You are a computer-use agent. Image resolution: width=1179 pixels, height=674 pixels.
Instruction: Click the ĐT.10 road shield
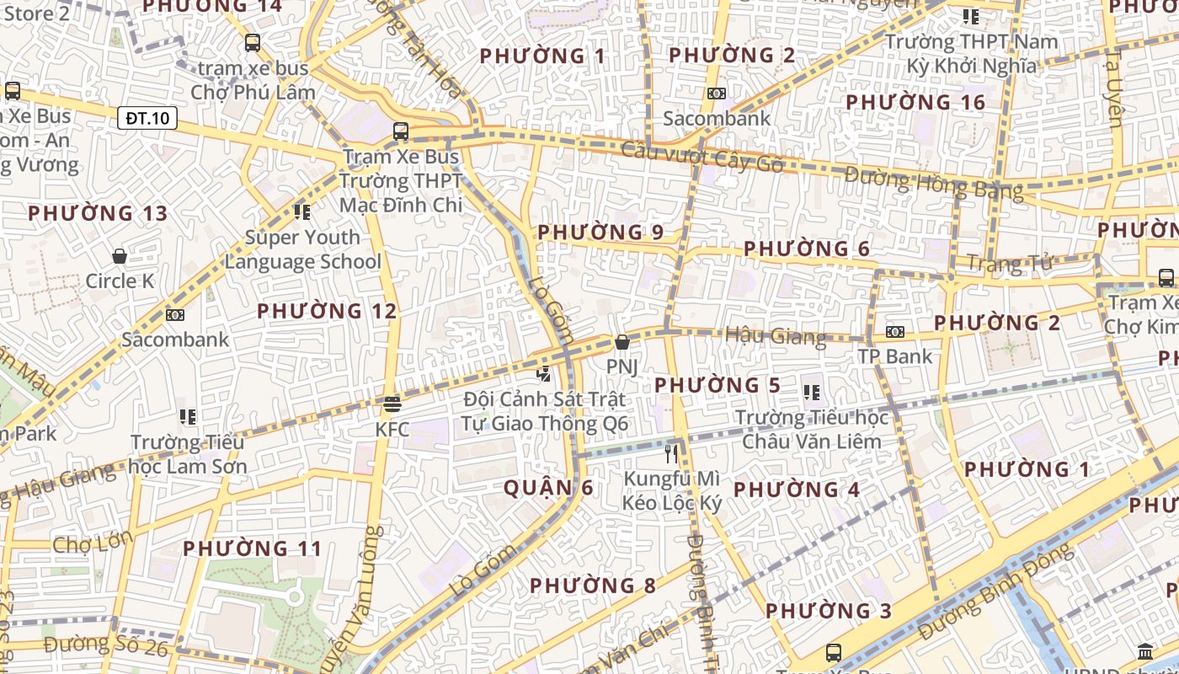[147, 118]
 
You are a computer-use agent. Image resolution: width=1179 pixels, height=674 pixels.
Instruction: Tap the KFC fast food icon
[392, 404]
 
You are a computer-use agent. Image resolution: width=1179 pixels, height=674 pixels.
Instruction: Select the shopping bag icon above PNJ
[622, 342]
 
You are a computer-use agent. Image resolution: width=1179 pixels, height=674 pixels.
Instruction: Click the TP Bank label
[895, 356]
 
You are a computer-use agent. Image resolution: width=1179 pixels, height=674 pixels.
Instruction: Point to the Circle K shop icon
[120, 255]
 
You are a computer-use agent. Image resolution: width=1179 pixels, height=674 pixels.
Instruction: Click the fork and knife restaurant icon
[671, 454]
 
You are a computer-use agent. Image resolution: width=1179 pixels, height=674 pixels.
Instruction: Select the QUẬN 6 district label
[548, 488]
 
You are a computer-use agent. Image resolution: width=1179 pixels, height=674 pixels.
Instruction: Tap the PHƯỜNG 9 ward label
[600, 233]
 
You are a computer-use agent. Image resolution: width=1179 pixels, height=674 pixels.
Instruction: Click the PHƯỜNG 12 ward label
[327, 311]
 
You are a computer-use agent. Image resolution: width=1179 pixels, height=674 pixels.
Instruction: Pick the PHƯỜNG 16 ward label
[915, 103]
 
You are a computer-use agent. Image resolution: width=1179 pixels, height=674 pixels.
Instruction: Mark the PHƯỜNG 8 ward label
[593, 586]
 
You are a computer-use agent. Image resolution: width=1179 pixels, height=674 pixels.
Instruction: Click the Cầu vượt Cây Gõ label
[702, 158]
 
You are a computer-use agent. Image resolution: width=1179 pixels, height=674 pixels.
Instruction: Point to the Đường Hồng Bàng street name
[934, 183]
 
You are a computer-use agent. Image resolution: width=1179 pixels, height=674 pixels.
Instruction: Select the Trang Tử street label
[1009, 264]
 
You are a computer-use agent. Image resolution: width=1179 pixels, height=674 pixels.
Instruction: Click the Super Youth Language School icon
[301, 211]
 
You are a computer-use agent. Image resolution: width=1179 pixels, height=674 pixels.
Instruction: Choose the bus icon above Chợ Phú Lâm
[252, 43]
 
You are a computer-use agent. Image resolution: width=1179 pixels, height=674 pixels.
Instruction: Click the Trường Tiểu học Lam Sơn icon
[188, 416]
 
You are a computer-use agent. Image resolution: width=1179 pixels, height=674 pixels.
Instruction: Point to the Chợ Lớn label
[93, 543]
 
